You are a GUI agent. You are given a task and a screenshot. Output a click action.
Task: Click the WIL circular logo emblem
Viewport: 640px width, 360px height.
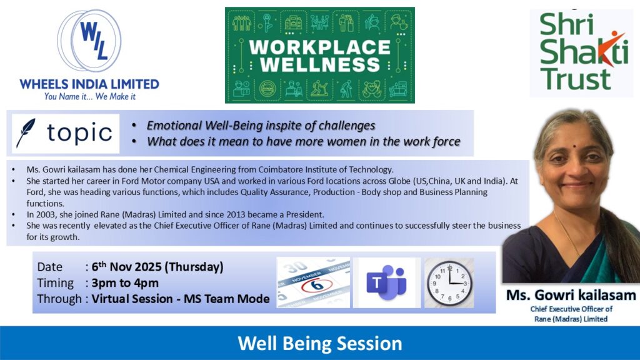[x=89, y=41]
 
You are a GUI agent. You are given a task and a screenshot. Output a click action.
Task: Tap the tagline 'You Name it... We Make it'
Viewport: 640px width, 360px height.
[x=90, y=97]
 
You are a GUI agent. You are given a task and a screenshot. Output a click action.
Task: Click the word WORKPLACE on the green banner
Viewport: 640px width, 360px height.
[x=319, y=47]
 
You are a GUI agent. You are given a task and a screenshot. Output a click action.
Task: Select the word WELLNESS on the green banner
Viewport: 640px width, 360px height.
[x=319, y=64]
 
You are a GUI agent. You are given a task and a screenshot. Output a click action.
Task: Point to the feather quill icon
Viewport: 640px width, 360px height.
[x=26, y=133]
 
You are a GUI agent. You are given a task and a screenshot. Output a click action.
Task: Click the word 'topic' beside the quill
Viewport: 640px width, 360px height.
[x=79, y=132]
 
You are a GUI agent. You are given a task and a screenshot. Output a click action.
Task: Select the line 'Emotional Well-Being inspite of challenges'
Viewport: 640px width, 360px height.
[x=261, y=125]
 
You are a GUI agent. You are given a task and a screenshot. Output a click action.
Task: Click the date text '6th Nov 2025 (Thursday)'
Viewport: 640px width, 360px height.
[x=157, y=266]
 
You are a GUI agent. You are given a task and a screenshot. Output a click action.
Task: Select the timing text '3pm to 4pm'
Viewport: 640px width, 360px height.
[x=125, y=283]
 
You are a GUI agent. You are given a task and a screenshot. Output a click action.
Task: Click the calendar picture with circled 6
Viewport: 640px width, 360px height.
[x=314, y=282]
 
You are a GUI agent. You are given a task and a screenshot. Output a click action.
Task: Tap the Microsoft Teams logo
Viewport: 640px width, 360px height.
[x=386, y=282]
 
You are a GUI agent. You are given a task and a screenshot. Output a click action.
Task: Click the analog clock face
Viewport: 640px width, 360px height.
[x=449, y=283]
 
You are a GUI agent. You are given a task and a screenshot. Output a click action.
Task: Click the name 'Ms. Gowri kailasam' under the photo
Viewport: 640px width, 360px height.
[x=571, y=295]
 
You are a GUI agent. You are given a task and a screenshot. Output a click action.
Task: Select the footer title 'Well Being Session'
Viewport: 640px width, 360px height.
[x=320, y=343]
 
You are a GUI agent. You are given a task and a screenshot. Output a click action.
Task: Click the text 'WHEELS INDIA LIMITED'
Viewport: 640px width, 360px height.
[x=89, y=84]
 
